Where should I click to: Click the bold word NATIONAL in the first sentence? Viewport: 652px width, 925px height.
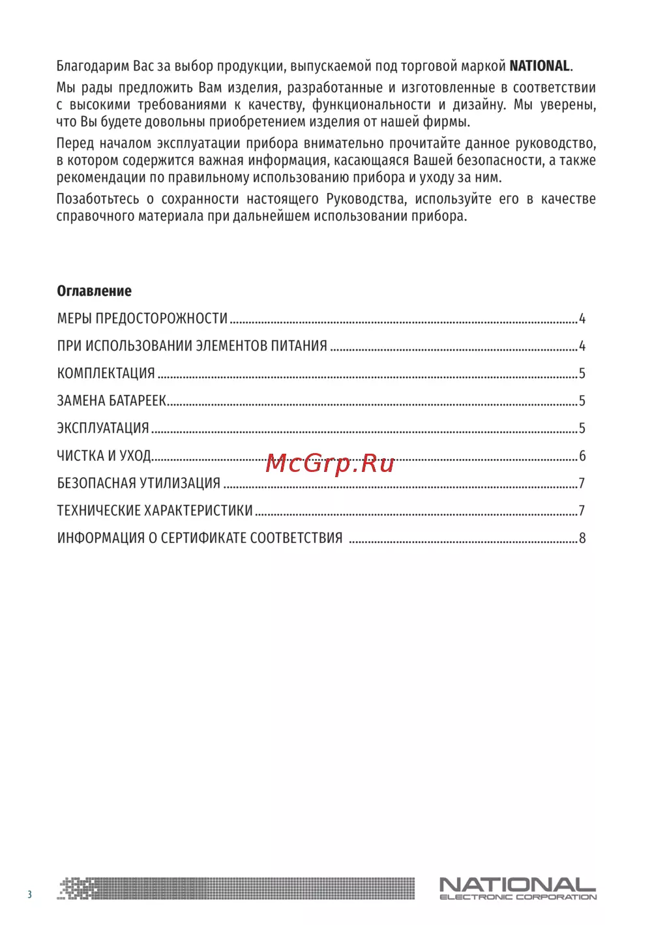539,66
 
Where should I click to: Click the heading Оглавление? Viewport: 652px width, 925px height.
94,291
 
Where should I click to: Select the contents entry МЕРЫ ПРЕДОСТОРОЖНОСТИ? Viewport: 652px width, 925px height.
142,319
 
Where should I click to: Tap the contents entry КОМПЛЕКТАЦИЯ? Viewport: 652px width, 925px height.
106,374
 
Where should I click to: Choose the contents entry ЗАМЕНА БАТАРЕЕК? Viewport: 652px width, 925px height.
111,401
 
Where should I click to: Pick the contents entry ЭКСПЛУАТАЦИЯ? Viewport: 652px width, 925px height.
103,428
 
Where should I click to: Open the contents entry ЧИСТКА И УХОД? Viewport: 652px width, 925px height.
104,456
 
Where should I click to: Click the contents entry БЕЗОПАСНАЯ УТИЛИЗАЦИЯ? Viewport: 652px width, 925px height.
139,483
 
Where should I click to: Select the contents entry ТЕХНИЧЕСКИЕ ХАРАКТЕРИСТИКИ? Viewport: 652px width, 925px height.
155,510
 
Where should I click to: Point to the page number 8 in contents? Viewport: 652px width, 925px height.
582,538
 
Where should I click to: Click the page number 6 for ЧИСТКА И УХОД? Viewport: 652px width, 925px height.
582,456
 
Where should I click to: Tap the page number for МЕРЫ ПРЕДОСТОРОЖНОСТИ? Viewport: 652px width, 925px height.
582,319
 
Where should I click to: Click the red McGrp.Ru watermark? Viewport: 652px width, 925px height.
330,463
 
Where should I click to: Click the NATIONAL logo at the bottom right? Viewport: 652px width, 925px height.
517,885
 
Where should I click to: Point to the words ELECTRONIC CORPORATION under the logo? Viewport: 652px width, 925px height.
518,898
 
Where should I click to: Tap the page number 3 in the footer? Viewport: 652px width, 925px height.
29,894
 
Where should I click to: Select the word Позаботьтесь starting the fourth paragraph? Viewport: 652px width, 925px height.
98,199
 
